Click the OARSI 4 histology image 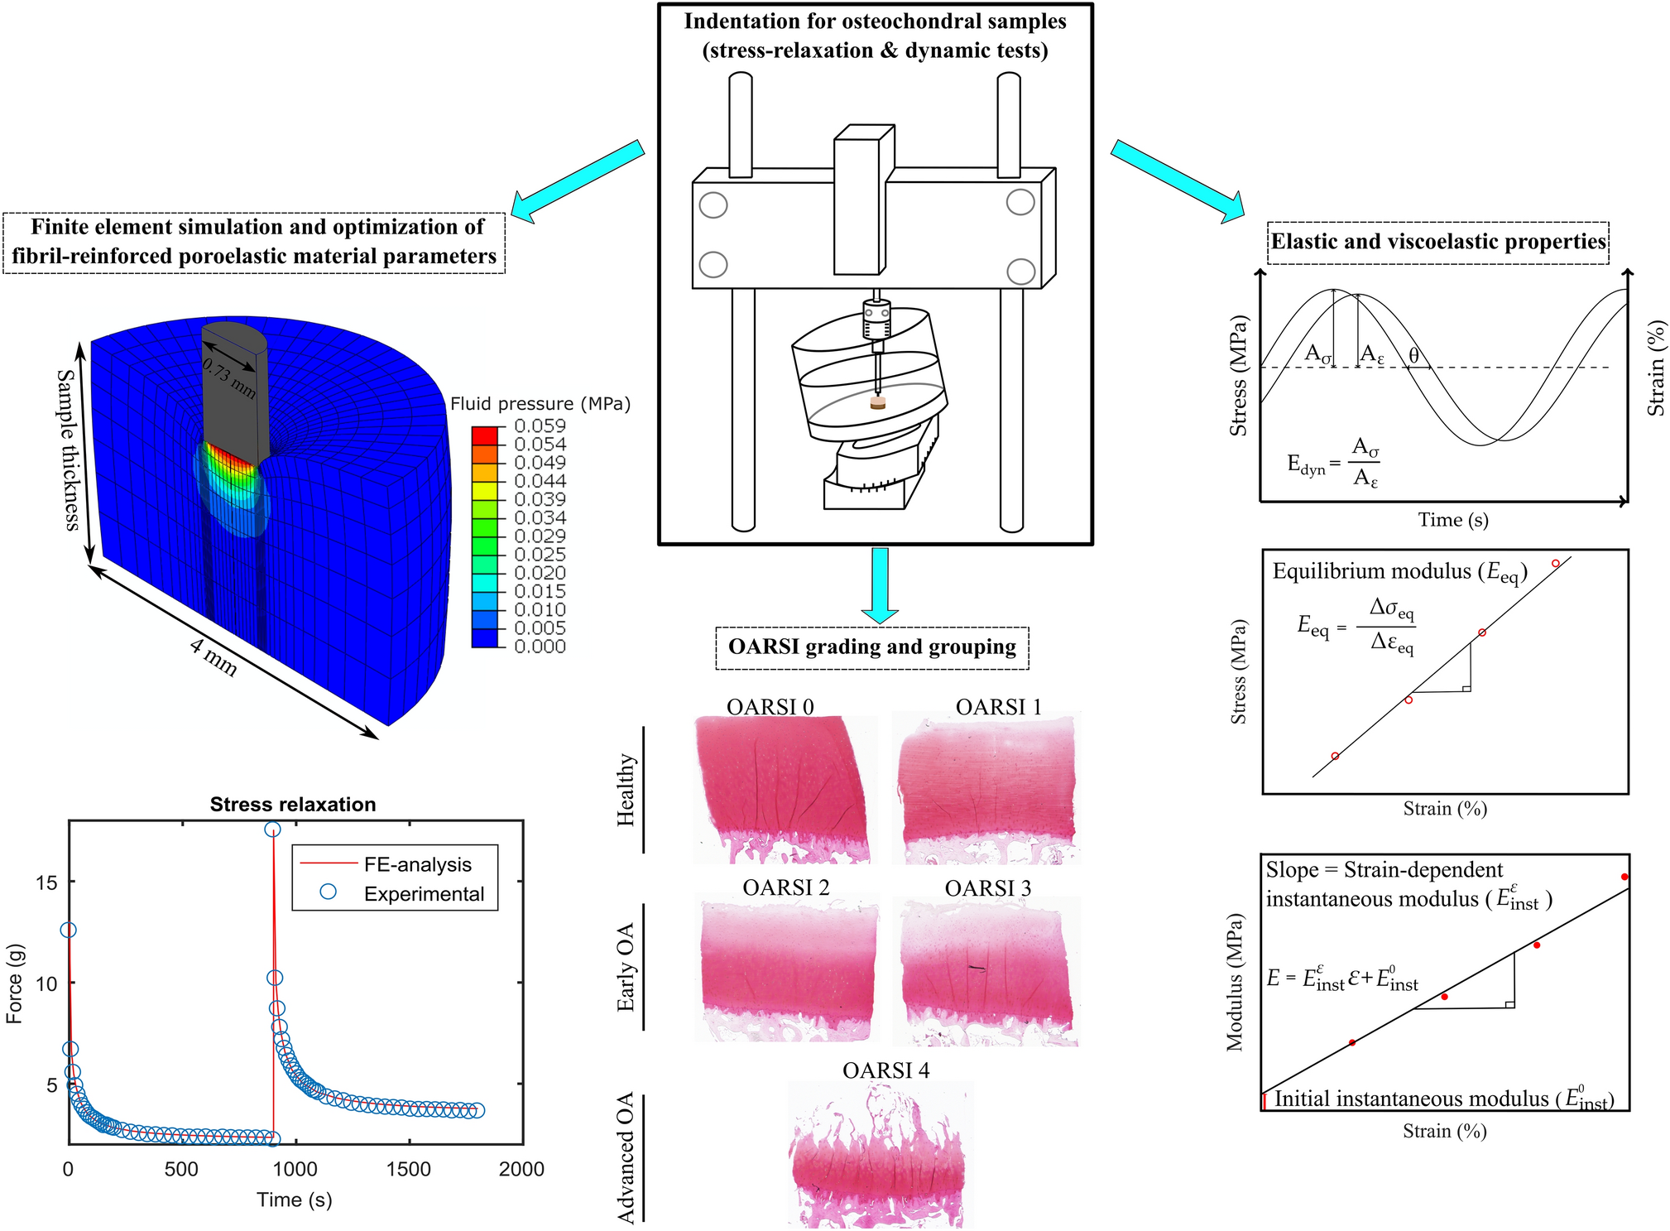click(x=879, y=1155)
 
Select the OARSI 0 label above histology click(x=770, y=707)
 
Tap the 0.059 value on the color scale click(x=540, y=426)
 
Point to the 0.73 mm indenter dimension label click(x=229, y=379)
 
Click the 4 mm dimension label click(x=214, y=657)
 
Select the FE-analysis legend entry click(x=417, y=865)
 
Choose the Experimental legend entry click(x=424, y=894)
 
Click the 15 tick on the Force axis click(x=47, y=882)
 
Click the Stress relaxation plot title click(x=293, y=805)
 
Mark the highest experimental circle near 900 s click(x=272, y=829)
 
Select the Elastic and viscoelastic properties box click(x=1437, y=242)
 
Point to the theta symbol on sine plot click(x=1414, y=355)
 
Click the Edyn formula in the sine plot click(x=1333, y=463)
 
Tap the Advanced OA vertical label click(x=626, y=1157)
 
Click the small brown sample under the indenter click(x=878, y=403)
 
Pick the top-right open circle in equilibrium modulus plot click(x=1555, y=564)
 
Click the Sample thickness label click(x=68, y=450)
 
